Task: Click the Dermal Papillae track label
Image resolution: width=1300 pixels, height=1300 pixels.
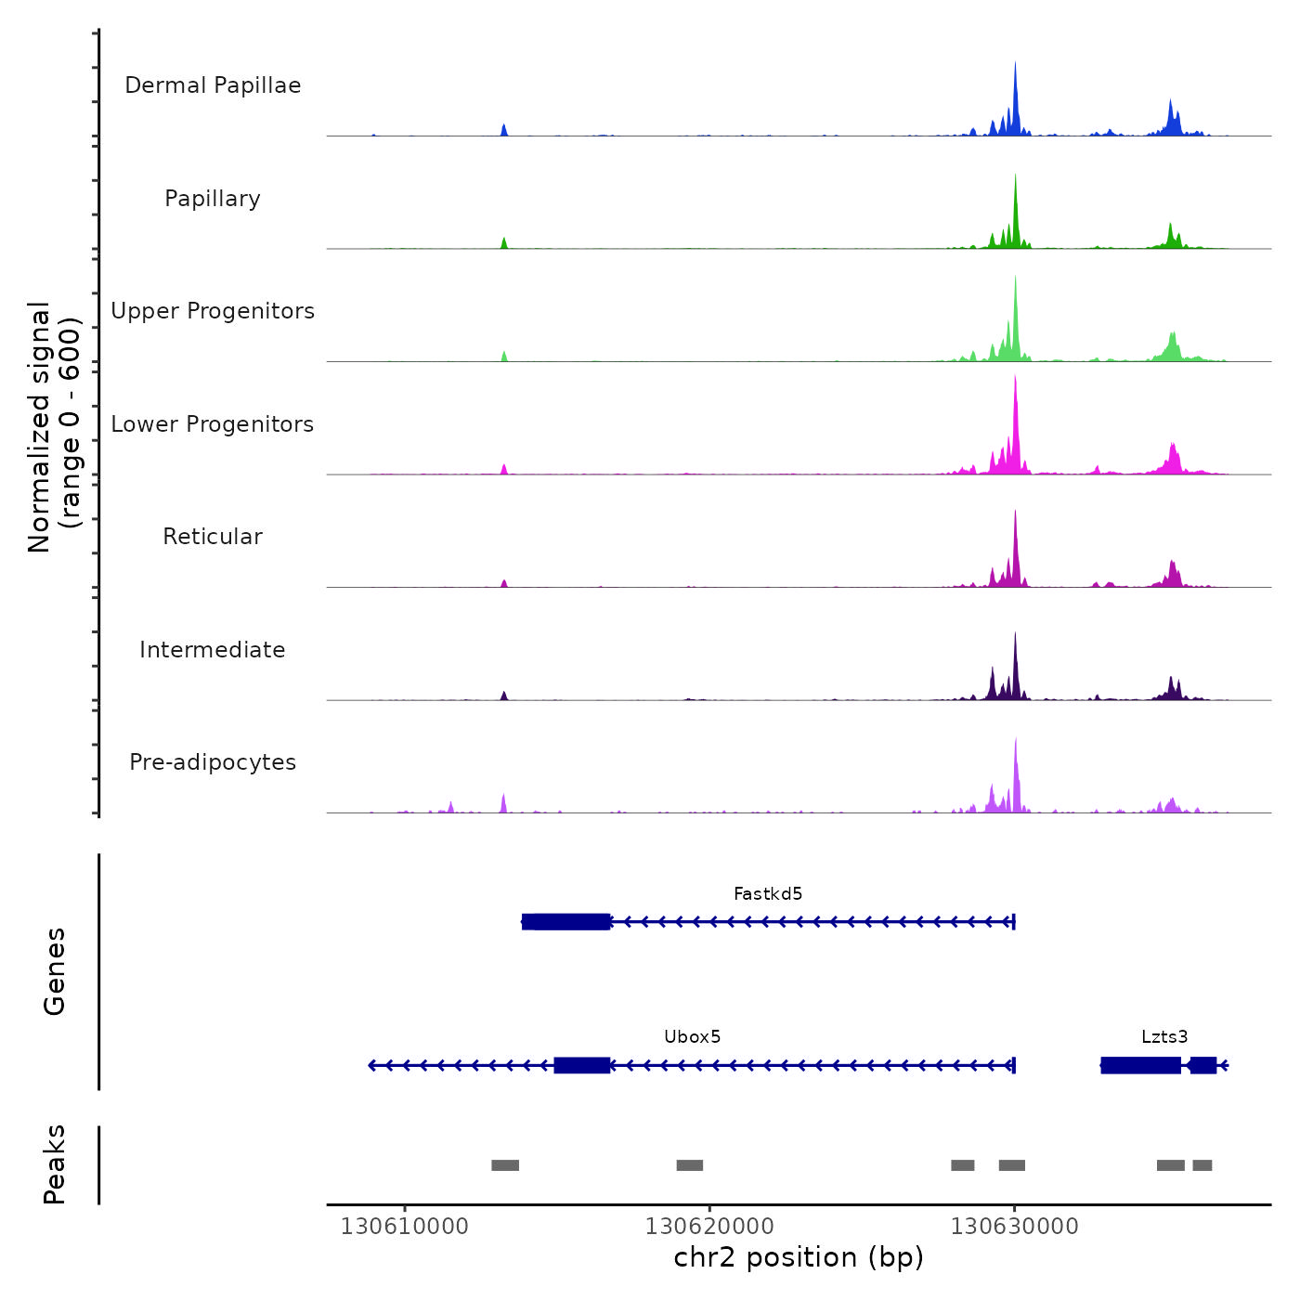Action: click(213, 85)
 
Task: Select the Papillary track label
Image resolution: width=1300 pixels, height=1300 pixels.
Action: click(213, 199)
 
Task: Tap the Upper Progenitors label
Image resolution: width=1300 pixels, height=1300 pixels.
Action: click(213, 311)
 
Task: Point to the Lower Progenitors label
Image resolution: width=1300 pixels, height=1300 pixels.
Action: click(213, 424)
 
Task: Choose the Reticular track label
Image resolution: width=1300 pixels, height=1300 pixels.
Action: click(213, 537)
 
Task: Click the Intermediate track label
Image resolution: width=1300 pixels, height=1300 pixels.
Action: click(213, 650)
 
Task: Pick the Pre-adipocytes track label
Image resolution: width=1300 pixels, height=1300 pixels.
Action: click(213, 762)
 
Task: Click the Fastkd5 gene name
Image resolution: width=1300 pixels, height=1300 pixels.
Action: click(768, 894)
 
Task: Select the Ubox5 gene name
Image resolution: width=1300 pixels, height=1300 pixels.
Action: click(693, 1037)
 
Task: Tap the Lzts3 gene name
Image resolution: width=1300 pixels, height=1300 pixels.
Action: click(1164, 1037)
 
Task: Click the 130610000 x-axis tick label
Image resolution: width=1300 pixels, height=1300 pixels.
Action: click(404, 1227)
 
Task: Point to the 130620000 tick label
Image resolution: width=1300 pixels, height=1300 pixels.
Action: click(709, 1227)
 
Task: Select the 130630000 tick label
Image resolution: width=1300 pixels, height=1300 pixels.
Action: click(1014, 1227)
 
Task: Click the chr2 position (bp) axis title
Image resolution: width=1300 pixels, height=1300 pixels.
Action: click(799, 1257)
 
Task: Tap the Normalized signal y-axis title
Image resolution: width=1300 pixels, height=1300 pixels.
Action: click(54, 427)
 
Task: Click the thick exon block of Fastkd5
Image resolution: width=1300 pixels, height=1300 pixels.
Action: click(566, 922)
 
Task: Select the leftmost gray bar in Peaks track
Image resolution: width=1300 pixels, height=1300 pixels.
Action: click(505, 1165)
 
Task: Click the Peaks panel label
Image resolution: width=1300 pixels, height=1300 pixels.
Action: click(54, 1164)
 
